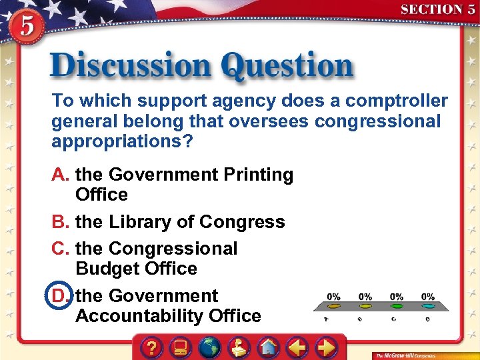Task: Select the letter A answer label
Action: tap(61, 175)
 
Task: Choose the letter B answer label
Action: tap(61, 222)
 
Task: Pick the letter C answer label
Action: tap(61, 249)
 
